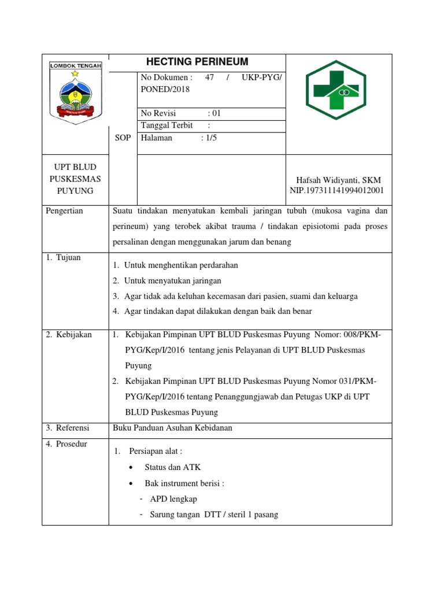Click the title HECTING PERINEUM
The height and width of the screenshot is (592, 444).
tap(197, 62)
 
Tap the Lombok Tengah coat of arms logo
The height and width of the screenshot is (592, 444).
tap(75, 92)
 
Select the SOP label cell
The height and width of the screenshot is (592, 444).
tap(123, 138)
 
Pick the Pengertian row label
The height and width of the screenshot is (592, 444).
tap(64, 211)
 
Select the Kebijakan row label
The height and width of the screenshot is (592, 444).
tap(68, 335)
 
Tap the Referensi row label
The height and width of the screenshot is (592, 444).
tap(68, 428)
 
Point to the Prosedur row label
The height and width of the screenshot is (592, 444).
tap(66, 445)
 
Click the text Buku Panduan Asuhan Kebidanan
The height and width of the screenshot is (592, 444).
tap(172, 428)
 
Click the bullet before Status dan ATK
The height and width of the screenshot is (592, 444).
tap(132, 468)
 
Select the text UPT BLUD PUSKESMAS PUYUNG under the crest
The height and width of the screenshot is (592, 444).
tap(75, 179)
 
